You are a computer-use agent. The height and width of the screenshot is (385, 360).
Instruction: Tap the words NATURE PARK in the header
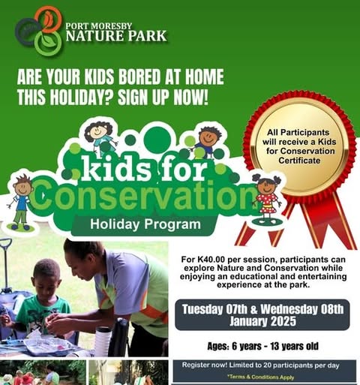[x=116, y=35]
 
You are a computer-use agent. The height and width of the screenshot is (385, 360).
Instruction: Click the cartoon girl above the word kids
[x=99, y=137]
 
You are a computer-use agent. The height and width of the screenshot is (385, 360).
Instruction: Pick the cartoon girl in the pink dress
[x=265, y=197]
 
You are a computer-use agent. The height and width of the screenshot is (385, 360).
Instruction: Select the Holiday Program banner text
[x=145, y=223]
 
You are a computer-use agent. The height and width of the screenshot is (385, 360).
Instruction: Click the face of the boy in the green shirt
[x=48, y=278]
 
